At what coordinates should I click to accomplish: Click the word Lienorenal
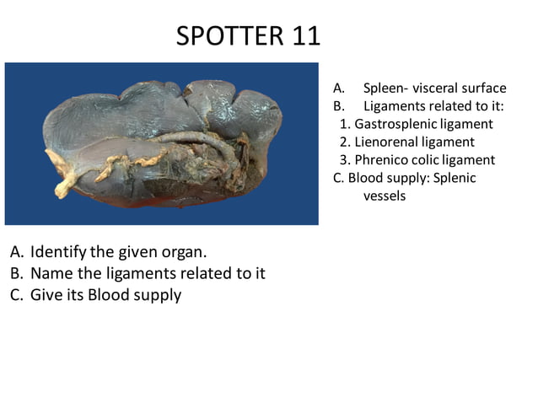[x=386, y=142]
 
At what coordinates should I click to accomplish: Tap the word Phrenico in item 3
[x=382, y=159]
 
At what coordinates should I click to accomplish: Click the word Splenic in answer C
[x=454, y=178]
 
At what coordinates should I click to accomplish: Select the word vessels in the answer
[x=385, y=196]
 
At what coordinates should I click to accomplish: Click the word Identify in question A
[x=56, y=252]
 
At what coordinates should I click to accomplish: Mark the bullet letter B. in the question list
[x=17, y=273]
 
